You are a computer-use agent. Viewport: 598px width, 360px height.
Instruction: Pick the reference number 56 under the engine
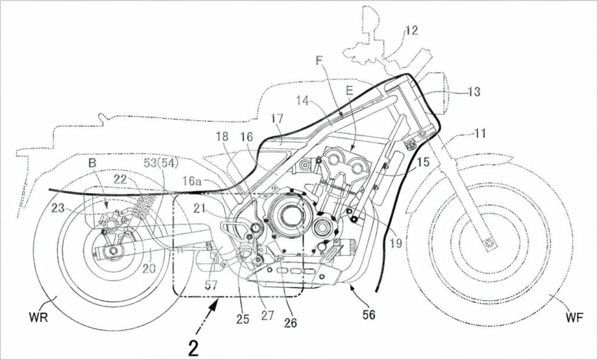click(x=368, y=315)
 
